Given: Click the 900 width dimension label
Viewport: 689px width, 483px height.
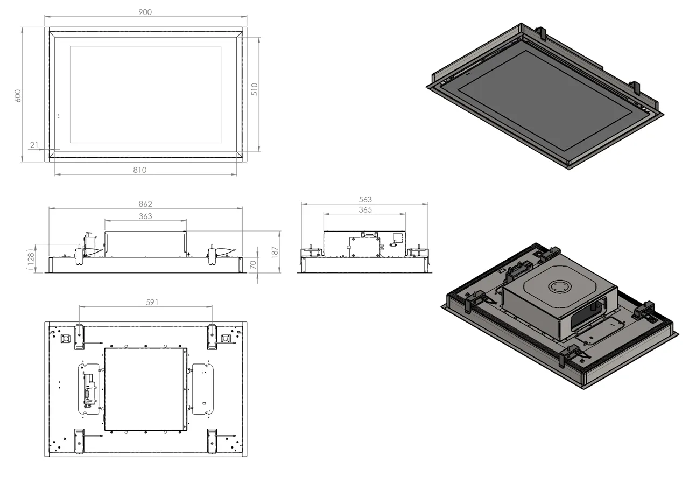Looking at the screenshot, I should tap(145, 12).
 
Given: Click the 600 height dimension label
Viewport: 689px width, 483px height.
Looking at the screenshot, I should tap(17, 95).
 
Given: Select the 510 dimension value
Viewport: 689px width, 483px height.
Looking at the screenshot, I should tap(255, 89).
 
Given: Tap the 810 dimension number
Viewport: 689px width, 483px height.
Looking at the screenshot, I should tap(140, 170).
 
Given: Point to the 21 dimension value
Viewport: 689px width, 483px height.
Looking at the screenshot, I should tap(34, 145).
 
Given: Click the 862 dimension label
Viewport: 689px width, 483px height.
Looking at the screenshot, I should tap(145, 204).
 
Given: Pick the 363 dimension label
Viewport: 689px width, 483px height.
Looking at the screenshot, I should tap(145, 216).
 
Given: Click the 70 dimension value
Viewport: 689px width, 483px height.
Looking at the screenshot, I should tap(253, 265).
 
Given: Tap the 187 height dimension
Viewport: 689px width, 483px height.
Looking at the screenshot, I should tap(275, 251).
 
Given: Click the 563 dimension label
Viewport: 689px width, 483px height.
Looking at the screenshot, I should tap(365, 200).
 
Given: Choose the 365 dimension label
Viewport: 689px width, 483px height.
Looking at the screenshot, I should tap(365, 210).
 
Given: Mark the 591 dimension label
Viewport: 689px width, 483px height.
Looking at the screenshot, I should tap(152, 303).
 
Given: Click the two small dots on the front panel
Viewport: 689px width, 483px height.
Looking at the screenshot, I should tap(59, 116).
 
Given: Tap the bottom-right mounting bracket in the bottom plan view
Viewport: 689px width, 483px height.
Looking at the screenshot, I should tap(212, 440).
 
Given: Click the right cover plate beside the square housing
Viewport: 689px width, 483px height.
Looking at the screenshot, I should tap(203, 388).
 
